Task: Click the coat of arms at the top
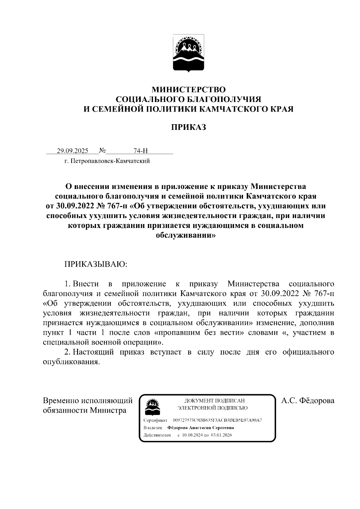[188, 53]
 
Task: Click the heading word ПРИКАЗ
[188, 127]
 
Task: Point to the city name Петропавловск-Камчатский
[109, 161]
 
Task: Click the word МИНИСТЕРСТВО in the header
[188, 90]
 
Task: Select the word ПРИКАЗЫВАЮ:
[96, 264]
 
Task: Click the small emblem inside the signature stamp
[152, 406]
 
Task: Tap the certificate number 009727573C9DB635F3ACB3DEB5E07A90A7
[217, 420]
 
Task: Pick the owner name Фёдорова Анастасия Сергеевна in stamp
[200, 428]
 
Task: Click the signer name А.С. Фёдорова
[307, 401]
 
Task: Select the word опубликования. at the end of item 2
[71, 362]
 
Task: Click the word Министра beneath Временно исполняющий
[109, 410]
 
